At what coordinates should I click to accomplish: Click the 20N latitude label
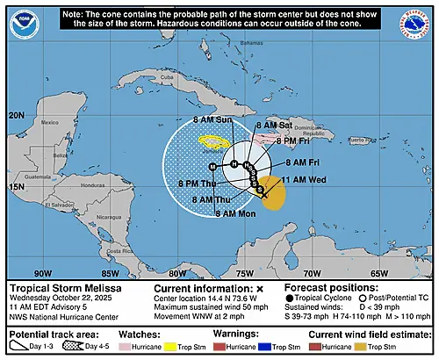pyautogui.click(x=17, y=115)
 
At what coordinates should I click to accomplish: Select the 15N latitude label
pyautogui.click(x=17, y=187)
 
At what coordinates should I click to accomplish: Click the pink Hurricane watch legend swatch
pyautogui.click(x=128, y=349)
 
